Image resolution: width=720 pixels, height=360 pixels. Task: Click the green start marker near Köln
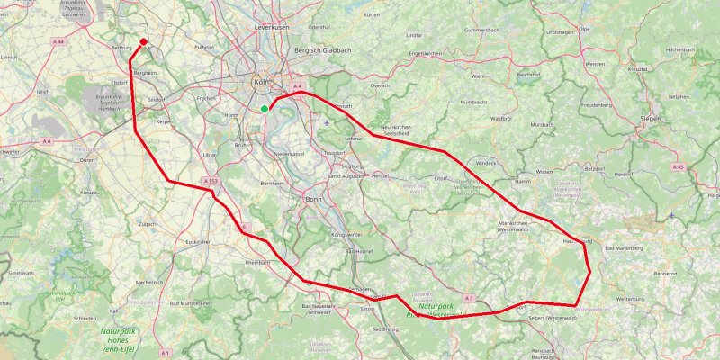[265, 109]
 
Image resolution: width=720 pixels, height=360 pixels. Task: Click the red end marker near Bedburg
[143, 16]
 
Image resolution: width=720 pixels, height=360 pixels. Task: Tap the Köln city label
[263, 82]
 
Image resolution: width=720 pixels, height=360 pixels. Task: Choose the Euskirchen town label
[197, 242]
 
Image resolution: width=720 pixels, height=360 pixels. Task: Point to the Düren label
[87, 160]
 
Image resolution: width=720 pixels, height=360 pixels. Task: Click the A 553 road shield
[211, 182]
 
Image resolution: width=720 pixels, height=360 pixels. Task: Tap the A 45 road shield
[679, 167]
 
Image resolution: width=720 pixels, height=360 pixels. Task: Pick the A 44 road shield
[58, 42]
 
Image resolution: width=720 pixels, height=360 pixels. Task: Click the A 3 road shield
[469, 298]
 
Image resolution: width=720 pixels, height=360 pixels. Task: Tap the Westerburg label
[633, 297]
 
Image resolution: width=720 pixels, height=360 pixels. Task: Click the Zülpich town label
[148, 223]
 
